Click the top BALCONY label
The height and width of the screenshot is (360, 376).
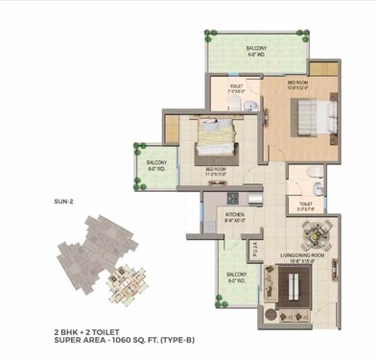(x=255, y=48)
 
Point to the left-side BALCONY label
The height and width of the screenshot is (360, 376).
(x=158, y=164)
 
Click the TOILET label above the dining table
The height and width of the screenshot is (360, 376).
(x=306, y=204)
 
